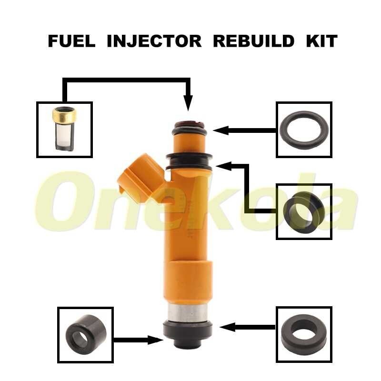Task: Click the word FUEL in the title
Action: click(x=72, y=41)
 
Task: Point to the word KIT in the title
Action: click(x=321, y=41)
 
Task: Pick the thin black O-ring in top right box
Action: click(x=304, y=129)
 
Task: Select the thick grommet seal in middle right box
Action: click(x=304, y=211)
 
